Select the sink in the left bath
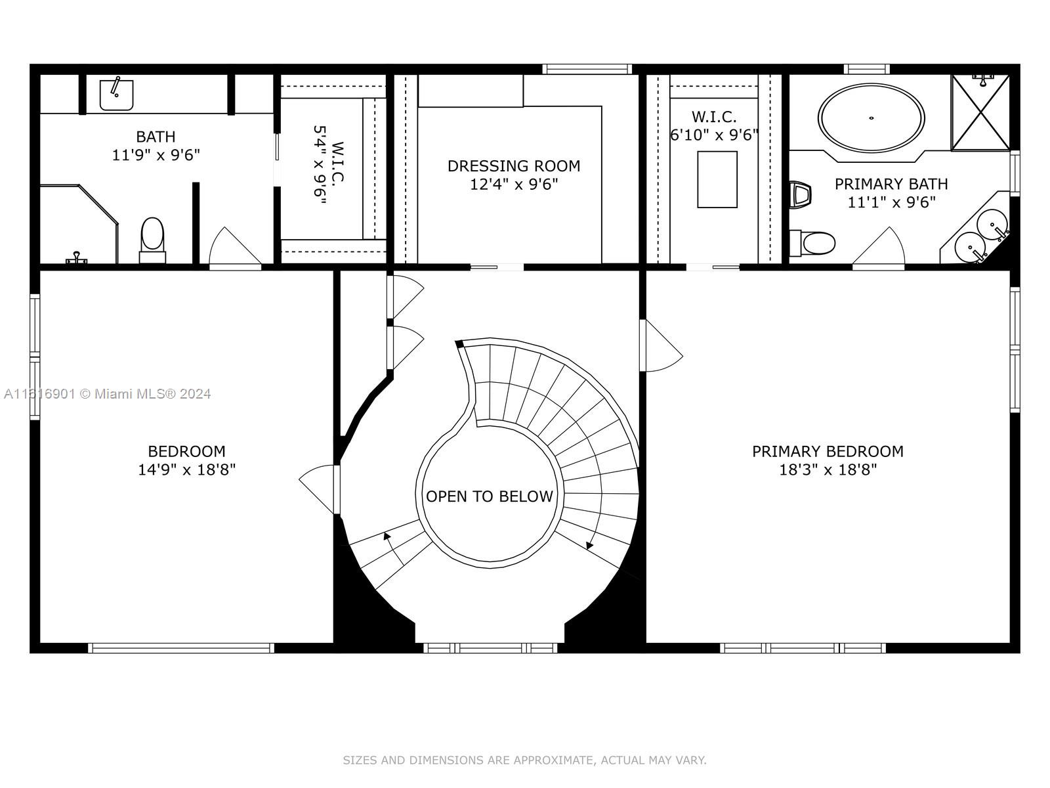(x=116, y=95)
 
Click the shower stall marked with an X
(x=980, y=112)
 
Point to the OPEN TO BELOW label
(x=490, y=496)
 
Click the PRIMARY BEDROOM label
(x=828, y=451)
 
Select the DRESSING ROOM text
(x=514, y=165)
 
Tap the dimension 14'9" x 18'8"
(x=186, y=470)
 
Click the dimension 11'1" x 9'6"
(x=891, y=202)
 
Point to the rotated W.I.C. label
(x=337, y=162)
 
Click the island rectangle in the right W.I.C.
(x=717, y=179)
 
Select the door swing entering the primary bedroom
(x=662, y=345)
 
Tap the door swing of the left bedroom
(x=319, y=489)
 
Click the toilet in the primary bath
(x=812, y=243)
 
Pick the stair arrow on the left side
(x=394, y=549)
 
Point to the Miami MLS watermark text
(x=107, y=394)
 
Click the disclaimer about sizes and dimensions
(x=524, y=760)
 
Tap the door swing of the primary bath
(x=879, y=245)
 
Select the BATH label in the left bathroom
(x=156, y=137)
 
